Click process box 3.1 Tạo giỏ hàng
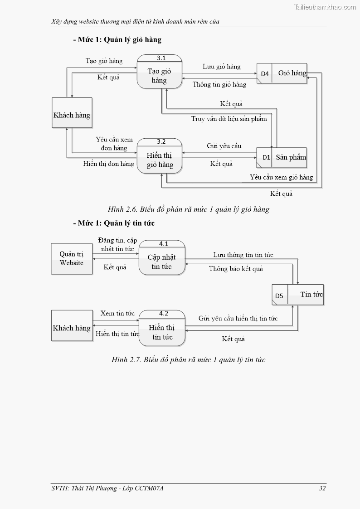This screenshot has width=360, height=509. [x=159, y=72]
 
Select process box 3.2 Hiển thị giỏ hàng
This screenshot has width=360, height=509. [x=160, y=157]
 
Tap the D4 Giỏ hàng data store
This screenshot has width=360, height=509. [x=282, y=73]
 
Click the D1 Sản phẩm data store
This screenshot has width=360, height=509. [x=282, y=158]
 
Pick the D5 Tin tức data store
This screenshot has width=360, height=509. [x=297, y=295]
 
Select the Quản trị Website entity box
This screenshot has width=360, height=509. [x=72, y=259]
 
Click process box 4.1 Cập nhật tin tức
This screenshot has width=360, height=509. [x=162, y=258]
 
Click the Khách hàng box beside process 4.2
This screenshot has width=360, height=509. [x=72, y=328]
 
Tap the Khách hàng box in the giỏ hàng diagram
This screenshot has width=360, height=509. [x=72, y=115]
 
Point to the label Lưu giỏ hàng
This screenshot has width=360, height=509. [x=222, y=67]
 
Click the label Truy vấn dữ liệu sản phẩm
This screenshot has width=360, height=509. [x=229, y=119]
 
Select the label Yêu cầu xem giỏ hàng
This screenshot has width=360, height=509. [x=281, y=177]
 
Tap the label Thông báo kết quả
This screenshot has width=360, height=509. [x=236, y=269]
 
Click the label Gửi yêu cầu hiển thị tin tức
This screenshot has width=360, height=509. [x=238, y=319]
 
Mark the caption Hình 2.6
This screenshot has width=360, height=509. [x=189, y=209]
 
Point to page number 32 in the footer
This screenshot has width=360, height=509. [x=322, y=488]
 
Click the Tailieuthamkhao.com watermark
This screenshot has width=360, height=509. [x=325, y=7]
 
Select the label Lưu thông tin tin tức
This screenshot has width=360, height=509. [x=243, y=255]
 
